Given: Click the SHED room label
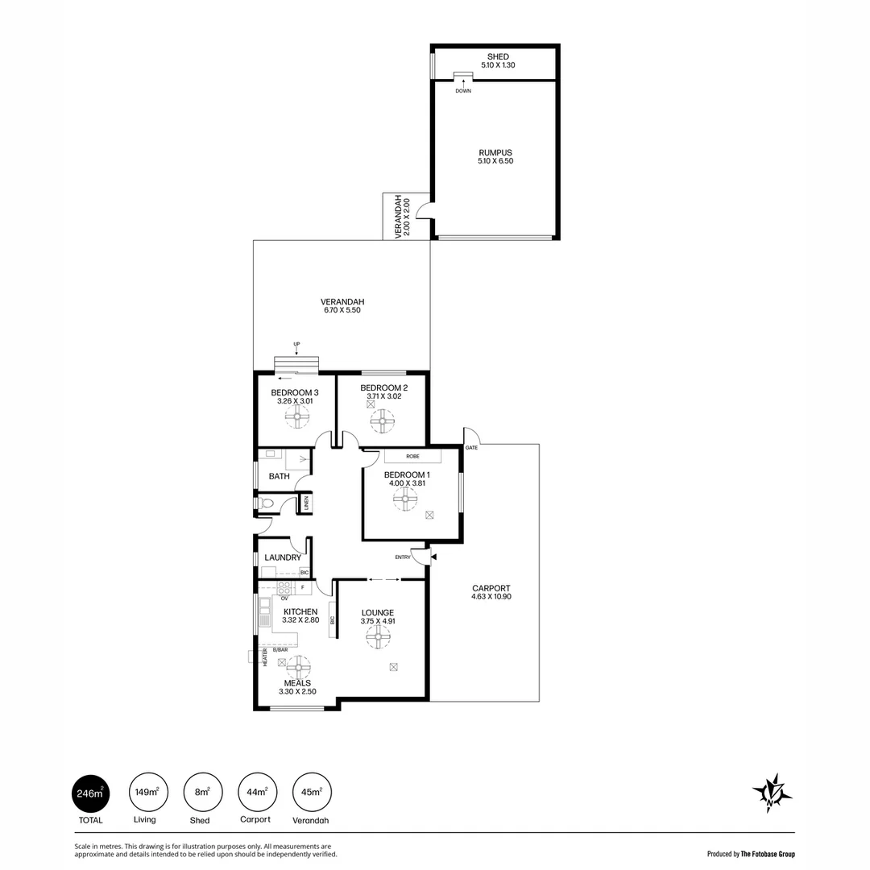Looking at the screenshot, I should click(x=498, y=56).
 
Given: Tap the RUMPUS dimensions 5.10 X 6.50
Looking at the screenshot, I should click(x=495, y=161).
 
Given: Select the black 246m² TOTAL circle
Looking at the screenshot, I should click(x=91, y=793).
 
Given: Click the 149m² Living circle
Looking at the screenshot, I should click(x=145, y=793).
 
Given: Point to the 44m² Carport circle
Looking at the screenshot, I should click(x=256, y=793).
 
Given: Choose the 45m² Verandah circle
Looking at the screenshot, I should click(x=312, y=793).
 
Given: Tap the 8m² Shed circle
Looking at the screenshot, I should click(x=201, y=793).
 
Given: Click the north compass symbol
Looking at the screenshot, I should click(x=772, y=793).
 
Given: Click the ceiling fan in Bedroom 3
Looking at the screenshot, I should click(x=297, y=416).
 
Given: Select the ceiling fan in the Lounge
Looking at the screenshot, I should click(x=378, y=637).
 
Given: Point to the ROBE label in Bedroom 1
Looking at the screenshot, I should click(x=412, y=456).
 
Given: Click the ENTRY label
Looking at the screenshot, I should click(x=403, y=557).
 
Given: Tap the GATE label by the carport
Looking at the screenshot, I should click(x=471, y=447).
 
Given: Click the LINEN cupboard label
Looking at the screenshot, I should click(x=306, y=503).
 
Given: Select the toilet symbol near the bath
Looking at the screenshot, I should click(x=268, y=503).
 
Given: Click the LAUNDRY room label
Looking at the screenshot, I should click(x=283, y=557).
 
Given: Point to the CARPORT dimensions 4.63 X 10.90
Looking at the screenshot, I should click(x=491, y=597).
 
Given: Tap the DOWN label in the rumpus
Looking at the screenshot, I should click(x=463, y=91).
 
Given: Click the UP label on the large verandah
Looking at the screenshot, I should click(x=296, y=345).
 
